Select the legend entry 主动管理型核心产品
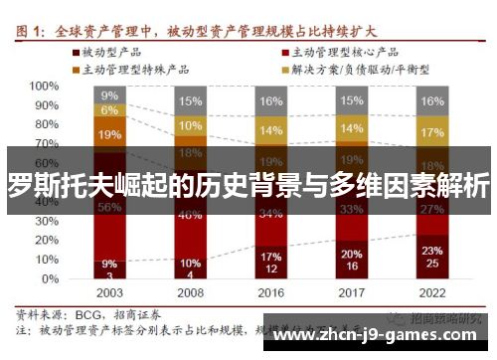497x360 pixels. click(x=343, y=50)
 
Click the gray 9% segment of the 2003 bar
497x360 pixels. click(x=109, y=94)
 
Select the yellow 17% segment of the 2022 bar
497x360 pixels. click(x=431, y=132)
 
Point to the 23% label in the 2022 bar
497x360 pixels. click(x=431, y=251)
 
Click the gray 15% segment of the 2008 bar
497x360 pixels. click(x=189, y=100)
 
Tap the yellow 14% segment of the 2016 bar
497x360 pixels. click(x=270, y=130)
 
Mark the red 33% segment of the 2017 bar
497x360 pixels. click(x=351, y=209)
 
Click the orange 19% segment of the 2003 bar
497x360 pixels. click(x=109, y=134)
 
